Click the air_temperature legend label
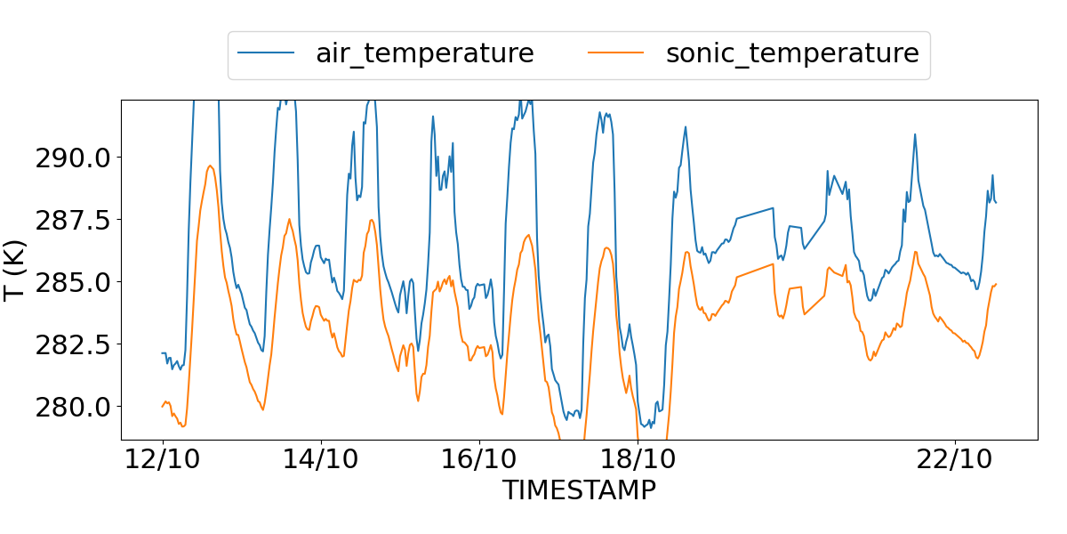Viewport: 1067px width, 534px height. tap(424, 53)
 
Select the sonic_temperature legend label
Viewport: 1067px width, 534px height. tap(791, 53)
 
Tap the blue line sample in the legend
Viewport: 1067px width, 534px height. tap(266, 53)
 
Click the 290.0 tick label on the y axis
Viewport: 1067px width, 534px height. tap(73, 158)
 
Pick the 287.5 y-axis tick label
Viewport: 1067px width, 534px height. tap(73, 220)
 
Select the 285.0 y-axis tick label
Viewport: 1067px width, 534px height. tap(73, 282)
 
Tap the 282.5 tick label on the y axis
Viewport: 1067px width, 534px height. tap(73, 344)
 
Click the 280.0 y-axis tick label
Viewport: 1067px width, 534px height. tap(73, 407)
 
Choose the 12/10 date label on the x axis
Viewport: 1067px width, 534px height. tap(162, 461)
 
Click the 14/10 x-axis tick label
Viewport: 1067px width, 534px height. tap(321, 461)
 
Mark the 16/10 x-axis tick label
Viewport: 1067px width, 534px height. tap(479, 461)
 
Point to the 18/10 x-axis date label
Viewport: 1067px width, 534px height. tap(638, 461)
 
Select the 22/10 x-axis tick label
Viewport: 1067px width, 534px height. tap(955, 461)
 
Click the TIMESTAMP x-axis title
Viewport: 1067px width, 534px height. tap(579, 490)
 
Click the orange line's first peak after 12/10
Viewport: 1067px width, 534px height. tap(210, 166)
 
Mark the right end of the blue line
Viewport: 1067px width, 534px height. tap(996, 203)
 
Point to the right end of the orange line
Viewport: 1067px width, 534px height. tap(996, 284)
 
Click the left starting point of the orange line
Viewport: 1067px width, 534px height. tap(163, 406)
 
